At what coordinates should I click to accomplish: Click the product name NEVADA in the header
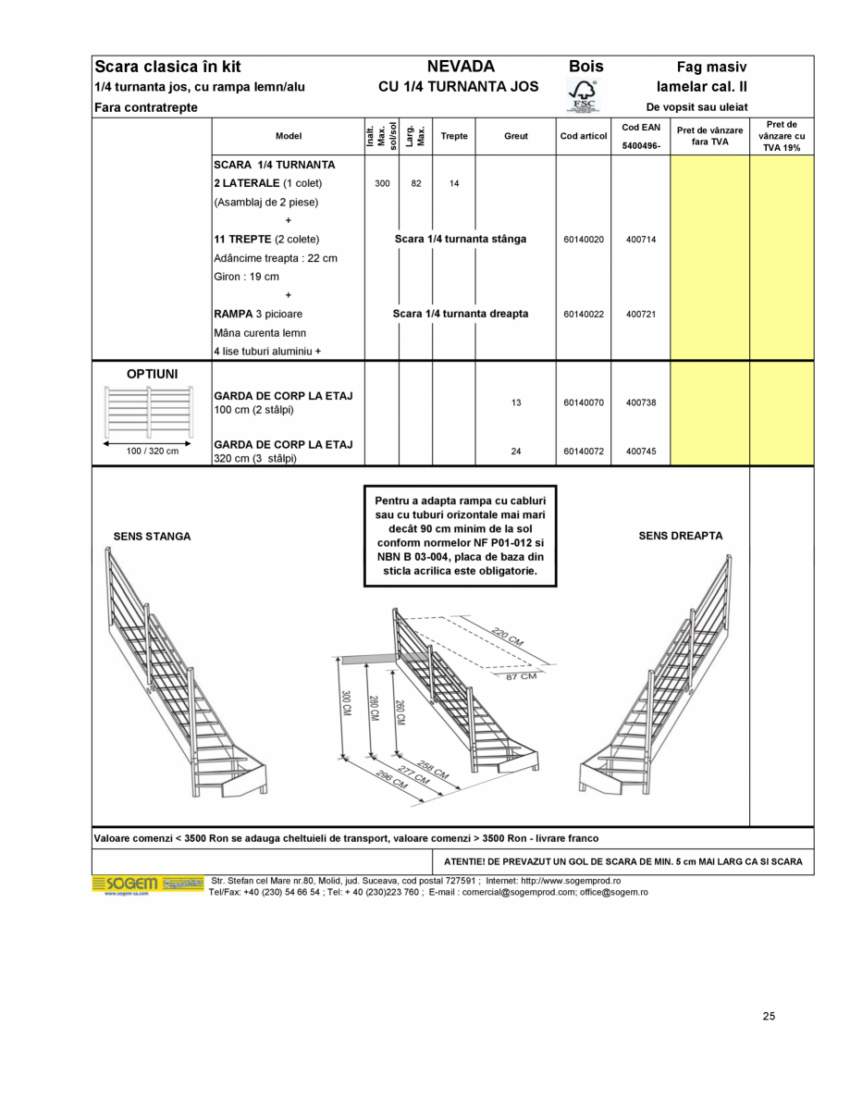(x=461, y=67)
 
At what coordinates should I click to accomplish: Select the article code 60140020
(x=583, y=240)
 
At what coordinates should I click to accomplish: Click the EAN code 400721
(x=640, y=315)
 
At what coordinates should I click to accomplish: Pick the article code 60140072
(x=583, y=452)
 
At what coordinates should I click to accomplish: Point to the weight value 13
(x=516, y=402)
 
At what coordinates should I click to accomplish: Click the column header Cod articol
(x=583, y=136)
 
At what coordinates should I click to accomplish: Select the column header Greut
(x=516, y=136)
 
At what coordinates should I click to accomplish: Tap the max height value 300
(x=382, y=184)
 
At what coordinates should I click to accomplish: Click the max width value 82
(x=416, y=184)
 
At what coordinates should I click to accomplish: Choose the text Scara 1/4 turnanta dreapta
(x=461, y=315)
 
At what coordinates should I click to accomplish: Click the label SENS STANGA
(x=152, y=537)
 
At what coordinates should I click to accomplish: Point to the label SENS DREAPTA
(x=681, y=536)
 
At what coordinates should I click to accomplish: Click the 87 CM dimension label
(x=521, y=676)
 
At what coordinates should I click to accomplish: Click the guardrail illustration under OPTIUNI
(x=152, y=413)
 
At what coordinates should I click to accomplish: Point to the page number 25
(x=769, y=1016)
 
